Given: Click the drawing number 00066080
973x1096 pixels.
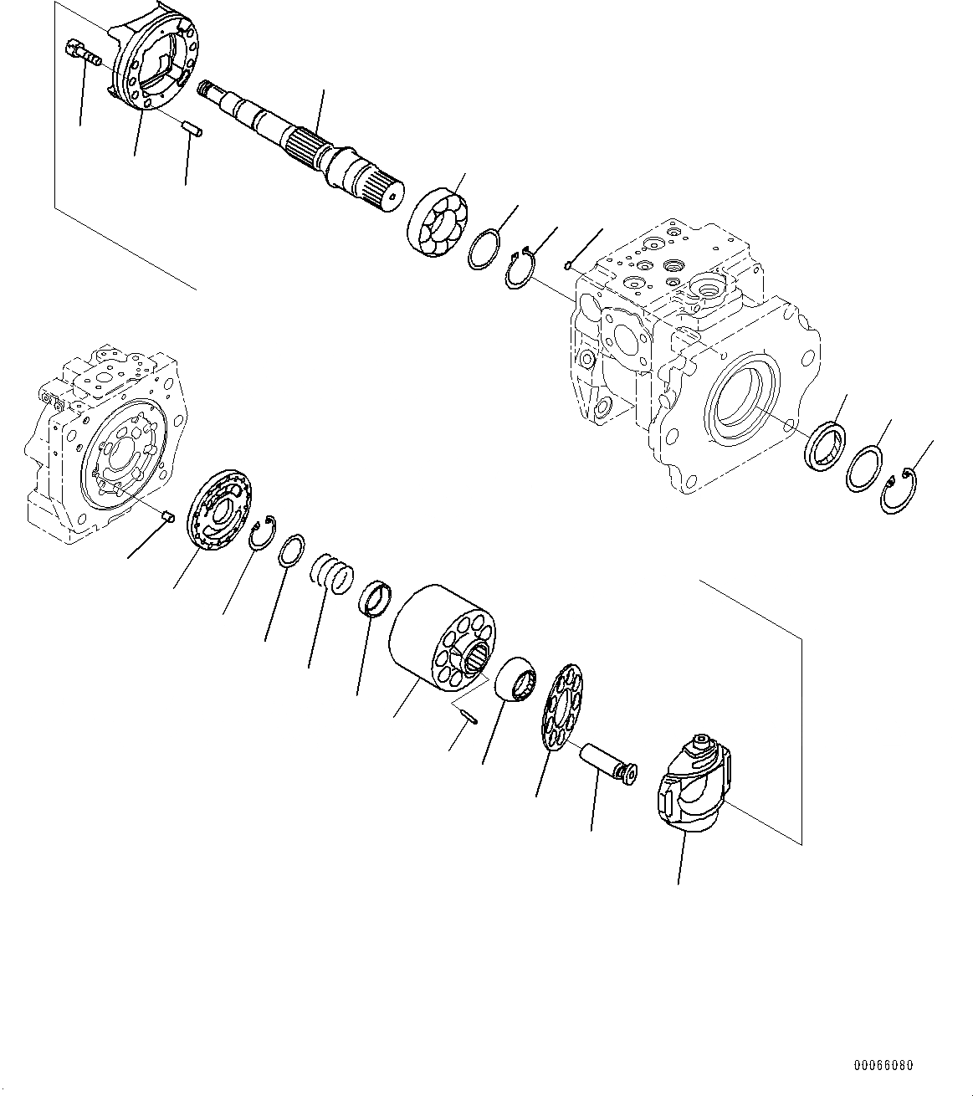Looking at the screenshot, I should [x=883, y=1066].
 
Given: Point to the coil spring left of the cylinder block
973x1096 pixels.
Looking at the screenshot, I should [x=332, y=575].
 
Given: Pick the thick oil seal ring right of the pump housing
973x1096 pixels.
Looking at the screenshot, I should [x=826, y=445].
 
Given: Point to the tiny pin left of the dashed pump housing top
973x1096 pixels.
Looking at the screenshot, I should [x=568, y=266].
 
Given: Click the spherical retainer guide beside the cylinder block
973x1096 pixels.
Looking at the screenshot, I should [x=516, y=678].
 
